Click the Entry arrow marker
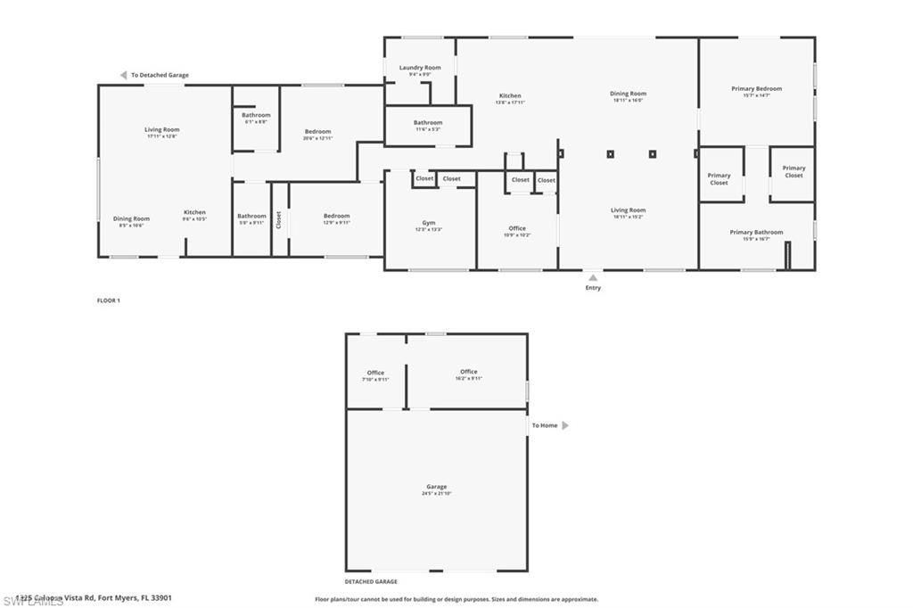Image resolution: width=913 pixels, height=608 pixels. [593, 277]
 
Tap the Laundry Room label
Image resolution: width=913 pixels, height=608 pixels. [419, 68]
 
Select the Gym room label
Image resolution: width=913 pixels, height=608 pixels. [429, 222]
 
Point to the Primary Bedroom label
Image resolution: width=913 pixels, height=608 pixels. [756, 88]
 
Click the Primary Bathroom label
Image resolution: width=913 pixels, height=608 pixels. [756, 232]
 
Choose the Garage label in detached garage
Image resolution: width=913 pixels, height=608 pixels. [436, 487]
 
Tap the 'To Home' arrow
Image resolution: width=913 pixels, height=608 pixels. [565, 425]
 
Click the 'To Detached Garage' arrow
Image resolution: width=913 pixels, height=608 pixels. [123, 75]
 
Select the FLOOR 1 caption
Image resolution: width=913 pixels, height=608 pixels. [108, 300]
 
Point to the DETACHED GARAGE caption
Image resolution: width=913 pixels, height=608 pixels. [371, 581]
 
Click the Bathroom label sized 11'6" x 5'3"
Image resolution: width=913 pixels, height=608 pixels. [428, 122]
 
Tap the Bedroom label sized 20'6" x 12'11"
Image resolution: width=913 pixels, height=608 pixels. [317, 131]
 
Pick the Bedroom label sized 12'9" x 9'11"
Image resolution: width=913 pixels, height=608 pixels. [336, 216]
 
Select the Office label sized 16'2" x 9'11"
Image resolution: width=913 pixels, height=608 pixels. [469, 372]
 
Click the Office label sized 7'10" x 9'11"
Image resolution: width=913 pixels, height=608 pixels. [375, 373]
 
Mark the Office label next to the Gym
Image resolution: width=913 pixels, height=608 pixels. [517, 228]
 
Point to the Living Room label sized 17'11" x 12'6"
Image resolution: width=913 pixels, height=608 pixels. [162, 129]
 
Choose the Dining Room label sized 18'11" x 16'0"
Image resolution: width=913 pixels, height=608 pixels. [628, 94]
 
